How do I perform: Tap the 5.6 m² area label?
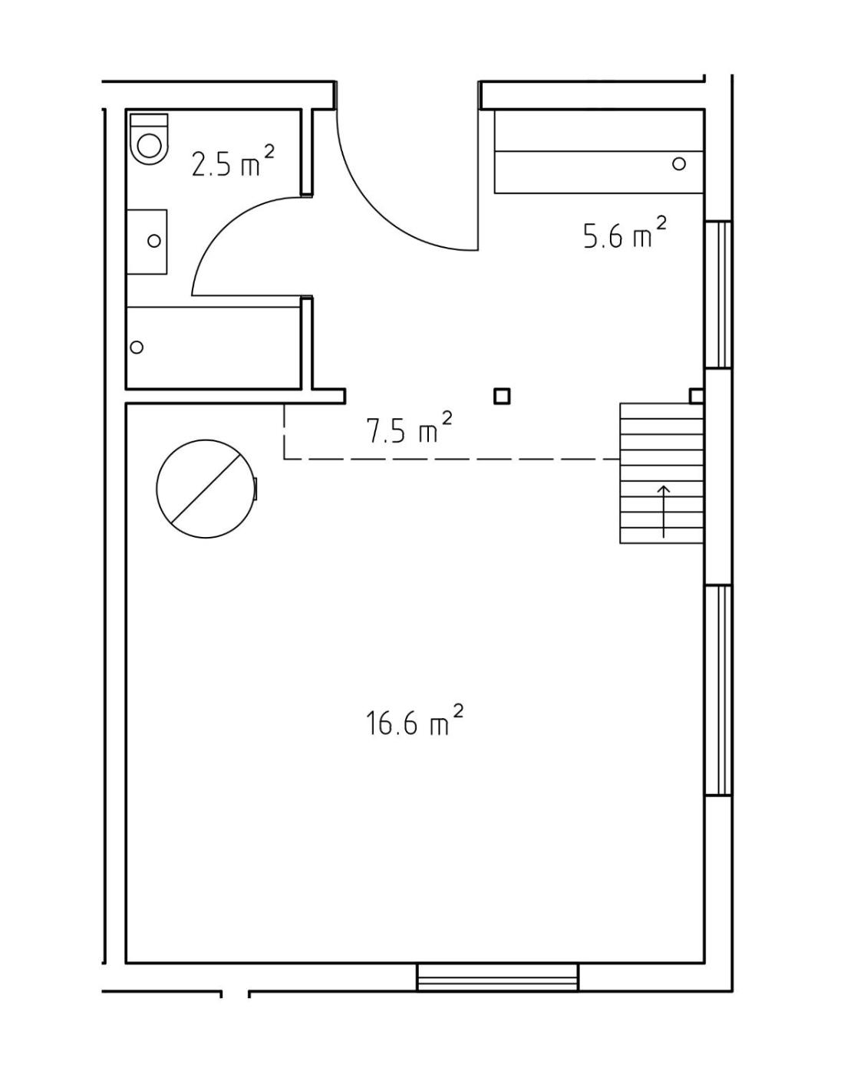tap(624, 232)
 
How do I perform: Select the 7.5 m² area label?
tap(409, 427)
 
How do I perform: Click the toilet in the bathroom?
tap(149, 138)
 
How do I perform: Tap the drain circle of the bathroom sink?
tap(154, 241)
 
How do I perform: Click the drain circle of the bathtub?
tap(137, 347)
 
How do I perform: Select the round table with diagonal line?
tap(206, 489)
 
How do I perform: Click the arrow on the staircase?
tap(664, 511)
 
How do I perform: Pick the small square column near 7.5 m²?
tap(502, 397)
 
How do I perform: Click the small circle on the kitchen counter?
tap(679, 163)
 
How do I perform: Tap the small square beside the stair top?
tap(697, 396)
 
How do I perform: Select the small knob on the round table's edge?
tap(255, 488)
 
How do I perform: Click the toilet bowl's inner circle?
tap(149, 147)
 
